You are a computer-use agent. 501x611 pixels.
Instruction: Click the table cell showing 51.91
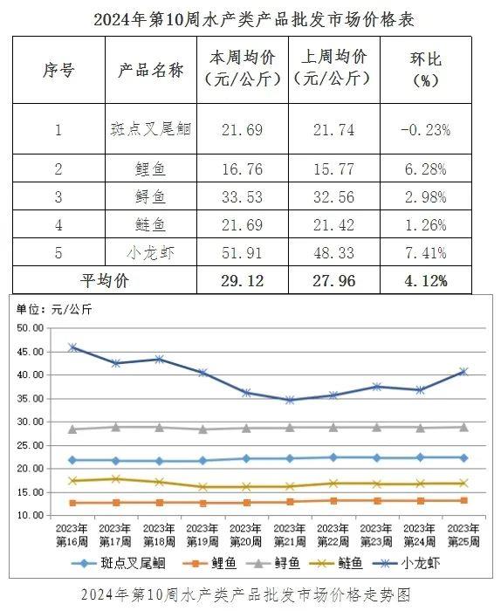243,253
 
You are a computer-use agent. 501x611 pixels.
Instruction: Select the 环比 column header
425,70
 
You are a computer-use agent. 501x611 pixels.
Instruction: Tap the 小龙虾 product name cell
151,253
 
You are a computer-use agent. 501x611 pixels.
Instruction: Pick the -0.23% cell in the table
425,130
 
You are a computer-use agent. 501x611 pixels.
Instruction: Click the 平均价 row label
105,280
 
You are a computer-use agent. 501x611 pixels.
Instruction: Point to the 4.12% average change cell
426,280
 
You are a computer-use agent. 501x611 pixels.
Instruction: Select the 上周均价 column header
334,68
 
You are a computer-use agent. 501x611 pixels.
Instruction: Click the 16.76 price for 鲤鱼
243,169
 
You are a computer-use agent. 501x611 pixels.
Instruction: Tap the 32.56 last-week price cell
334,197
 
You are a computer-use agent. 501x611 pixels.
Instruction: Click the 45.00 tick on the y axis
31,352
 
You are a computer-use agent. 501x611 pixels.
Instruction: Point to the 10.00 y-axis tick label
31,515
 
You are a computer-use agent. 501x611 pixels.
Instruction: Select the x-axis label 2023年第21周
290,534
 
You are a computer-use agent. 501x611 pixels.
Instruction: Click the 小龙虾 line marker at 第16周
72,347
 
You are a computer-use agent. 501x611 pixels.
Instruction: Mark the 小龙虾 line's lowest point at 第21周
290,400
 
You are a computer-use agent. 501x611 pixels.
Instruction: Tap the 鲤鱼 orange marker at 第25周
463,500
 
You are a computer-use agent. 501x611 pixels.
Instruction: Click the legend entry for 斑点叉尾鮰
119,564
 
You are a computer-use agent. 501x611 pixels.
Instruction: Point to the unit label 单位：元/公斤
54,310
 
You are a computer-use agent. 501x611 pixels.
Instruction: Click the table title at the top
254,19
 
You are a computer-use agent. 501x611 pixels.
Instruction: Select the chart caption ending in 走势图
246,595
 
